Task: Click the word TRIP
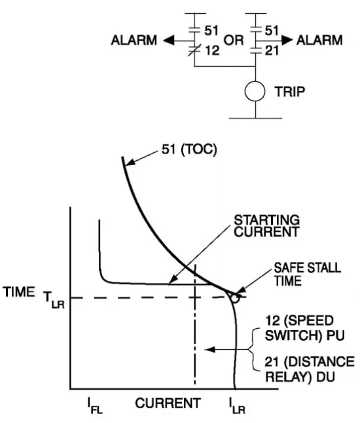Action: click(290, 92)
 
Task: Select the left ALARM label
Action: click(134, 41)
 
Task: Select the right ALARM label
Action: click(319, 41)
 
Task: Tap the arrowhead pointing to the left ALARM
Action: click(169, 41)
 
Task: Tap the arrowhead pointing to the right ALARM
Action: click(287, 41)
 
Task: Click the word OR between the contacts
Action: click(234, 41)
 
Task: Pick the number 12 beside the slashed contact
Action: click(212, 50)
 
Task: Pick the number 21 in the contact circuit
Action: click(272, 50)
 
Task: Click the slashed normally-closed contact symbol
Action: click(194, 50)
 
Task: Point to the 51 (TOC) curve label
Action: click(189, 149)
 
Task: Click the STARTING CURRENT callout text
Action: click(266, 226)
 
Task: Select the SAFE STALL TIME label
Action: click(308, 275)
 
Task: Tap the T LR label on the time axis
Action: click(54, 299)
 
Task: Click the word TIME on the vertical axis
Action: click(19, 292)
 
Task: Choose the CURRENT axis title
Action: click(168, 403)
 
